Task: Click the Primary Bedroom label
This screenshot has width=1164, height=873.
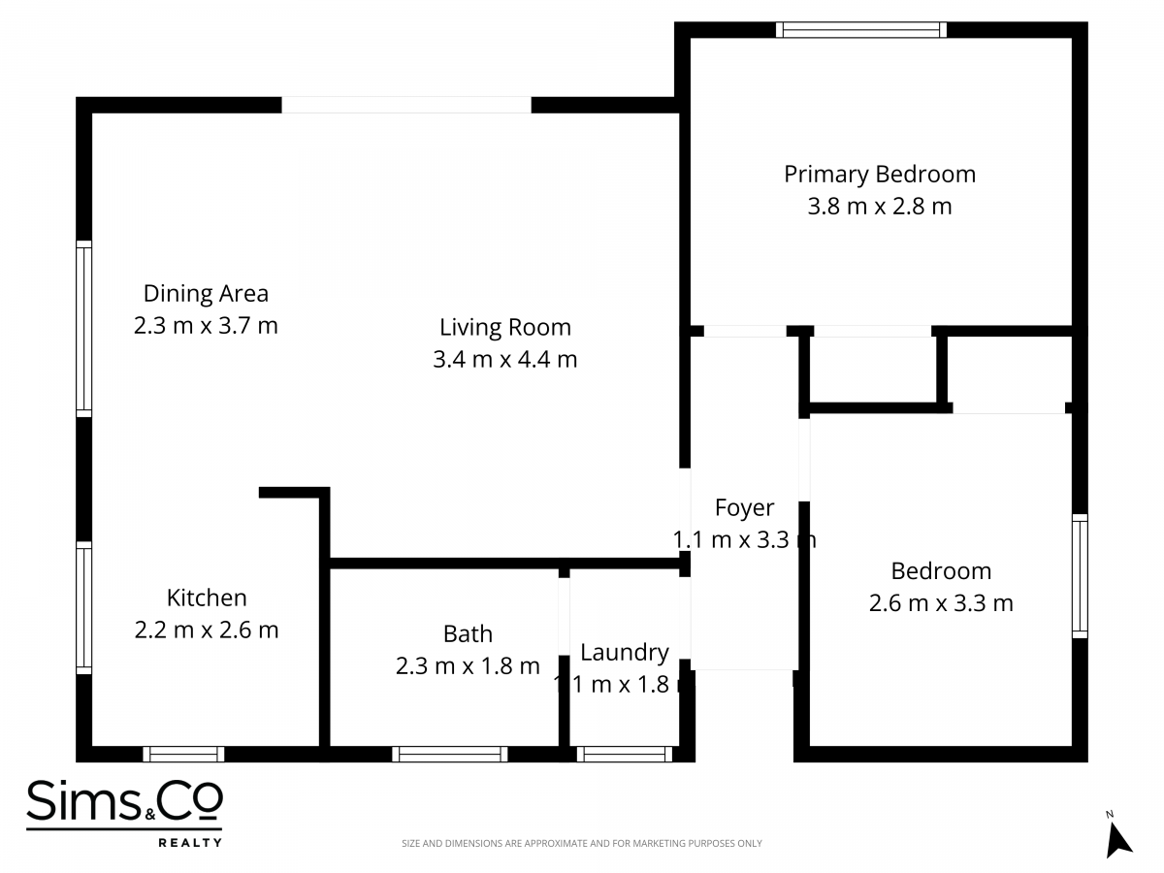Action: pyautogui.click(x=880, y=175)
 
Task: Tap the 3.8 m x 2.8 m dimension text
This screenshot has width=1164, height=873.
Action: pyautogui.click(x=880, y=207)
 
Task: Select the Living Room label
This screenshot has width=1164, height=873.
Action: pyautogui.click(x=505, y=328)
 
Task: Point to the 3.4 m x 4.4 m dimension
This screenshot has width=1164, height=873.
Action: pyautogui.click(x=504, y=359)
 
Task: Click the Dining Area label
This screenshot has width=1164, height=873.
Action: pyautogui.click(x=206, y=294)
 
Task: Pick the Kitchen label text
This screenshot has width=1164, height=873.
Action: pyautogui.click(x=207, y=598)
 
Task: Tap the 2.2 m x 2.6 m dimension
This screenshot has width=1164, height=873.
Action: pyautogui.click(x=207, y=630)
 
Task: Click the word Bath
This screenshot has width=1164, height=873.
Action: pyautogui.click(x=468, y=634)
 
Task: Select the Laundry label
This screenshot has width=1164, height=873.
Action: pyautogui.click(x=625, y=653)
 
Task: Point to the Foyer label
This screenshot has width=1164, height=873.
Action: pyautogui.click(x=744, y=508)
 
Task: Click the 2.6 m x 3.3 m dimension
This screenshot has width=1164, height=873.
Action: pyautogui.click(x=941, y=603)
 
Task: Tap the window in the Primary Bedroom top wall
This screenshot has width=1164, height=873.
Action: pyautogui.click(x=861, y=30)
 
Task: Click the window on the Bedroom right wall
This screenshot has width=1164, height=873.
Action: pyautogui.click(x=1080, y=576)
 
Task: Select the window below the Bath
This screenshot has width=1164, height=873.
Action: pyautogui.click(x=450, y=754)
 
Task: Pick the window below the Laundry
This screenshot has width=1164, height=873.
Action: pyautogui.click(x=625, y=754)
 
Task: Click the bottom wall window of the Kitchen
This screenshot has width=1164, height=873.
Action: pyautogui.click(x=183, y=754)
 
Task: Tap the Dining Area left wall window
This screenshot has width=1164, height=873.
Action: pyautogui.click(x=83, y=329)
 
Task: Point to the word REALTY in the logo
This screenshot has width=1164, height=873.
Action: pyautogui.click(x=190, y=842)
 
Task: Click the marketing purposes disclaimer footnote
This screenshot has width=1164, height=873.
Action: pyautogui.click(x=582, y=843)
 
